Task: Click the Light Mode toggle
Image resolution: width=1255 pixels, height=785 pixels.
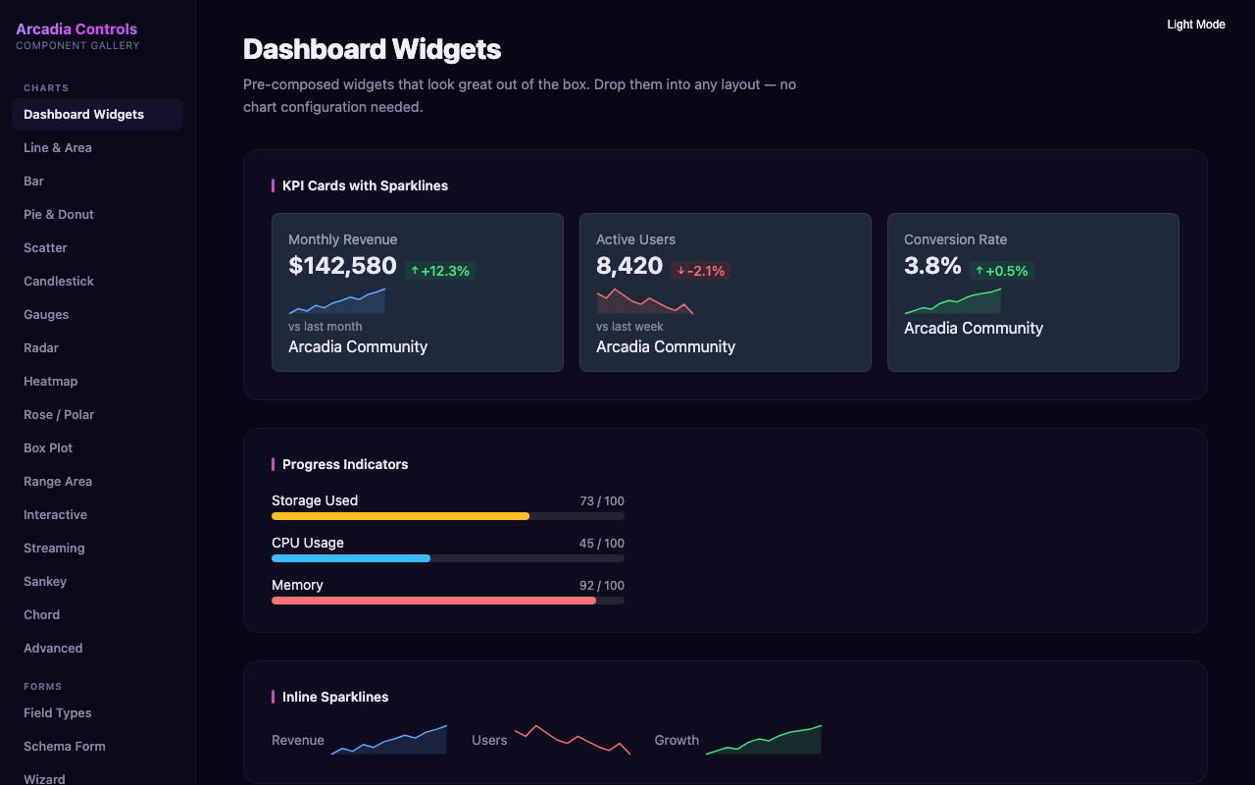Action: coord(1195,25)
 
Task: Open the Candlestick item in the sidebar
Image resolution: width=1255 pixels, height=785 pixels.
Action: coord(59,282)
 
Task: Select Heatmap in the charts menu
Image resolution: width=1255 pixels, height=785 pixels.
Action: coord(50,382)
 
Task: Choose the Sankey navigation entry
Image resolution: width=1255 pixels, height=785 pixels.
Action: coord(45,582)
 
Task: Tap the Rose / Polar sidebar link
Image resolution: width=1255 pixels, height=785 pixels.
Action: coord(59,415)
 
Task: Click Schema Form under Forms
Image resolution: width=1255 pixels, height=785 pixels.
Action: coord(64,747)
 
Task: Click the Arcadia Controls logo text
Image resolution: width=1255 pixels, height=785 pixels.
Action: coord(76,29)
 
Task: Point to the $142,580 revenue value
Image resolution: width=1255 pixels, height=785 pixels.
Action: coord(342,266)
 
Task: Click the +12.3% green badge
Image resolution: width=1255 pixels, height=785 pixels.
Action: coord(439,271)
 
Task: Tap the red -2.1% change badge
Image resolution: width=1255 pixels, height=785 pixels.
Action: coord(700,271)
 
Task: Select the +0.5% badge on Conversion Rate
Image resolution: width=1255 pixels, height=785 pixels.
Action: coord(1001,271)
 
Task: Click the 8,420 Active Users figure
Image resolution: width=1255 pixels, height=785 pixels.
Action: coord(629,266)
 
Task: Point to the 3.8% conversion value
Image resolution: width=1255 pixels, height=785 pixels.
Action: coord(932,266)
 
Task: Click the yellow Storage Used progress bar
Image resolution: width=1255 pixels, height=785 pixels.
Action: coord(400,516)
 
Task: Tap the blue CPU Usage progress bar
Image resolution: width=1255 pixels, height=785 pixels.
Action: coord(351,558)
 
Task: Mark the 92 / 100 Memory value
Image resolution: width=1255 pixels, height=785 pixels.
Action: coord(601,586)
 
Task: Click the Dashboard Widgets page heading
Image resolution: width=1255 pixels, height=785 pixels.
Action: coord(372,49)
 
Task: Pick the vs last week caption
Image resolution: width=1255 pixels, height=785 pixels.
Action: coord(629,327)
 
